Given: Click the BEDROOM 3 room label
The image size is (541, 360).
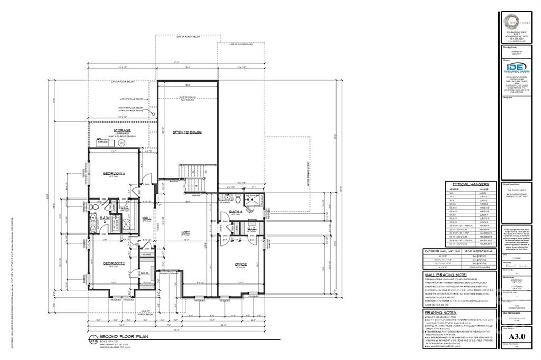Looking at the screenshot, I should pyautogui.click(x=114, y=174).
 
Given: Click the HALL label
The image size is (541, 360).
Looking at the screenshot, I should pyautogui.click(x=146, y=217).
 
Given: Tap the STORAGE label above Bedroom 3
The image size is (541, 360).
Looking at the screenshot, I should pyautogui.click(x=122, y=130).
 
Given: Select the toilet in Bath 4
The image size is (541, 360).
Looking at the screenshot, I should pyautogui.click(x=228, y=198).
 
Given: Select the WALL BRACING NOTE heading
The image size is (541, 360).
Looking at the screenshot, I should pyautogui.click(x=446, y=274).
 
